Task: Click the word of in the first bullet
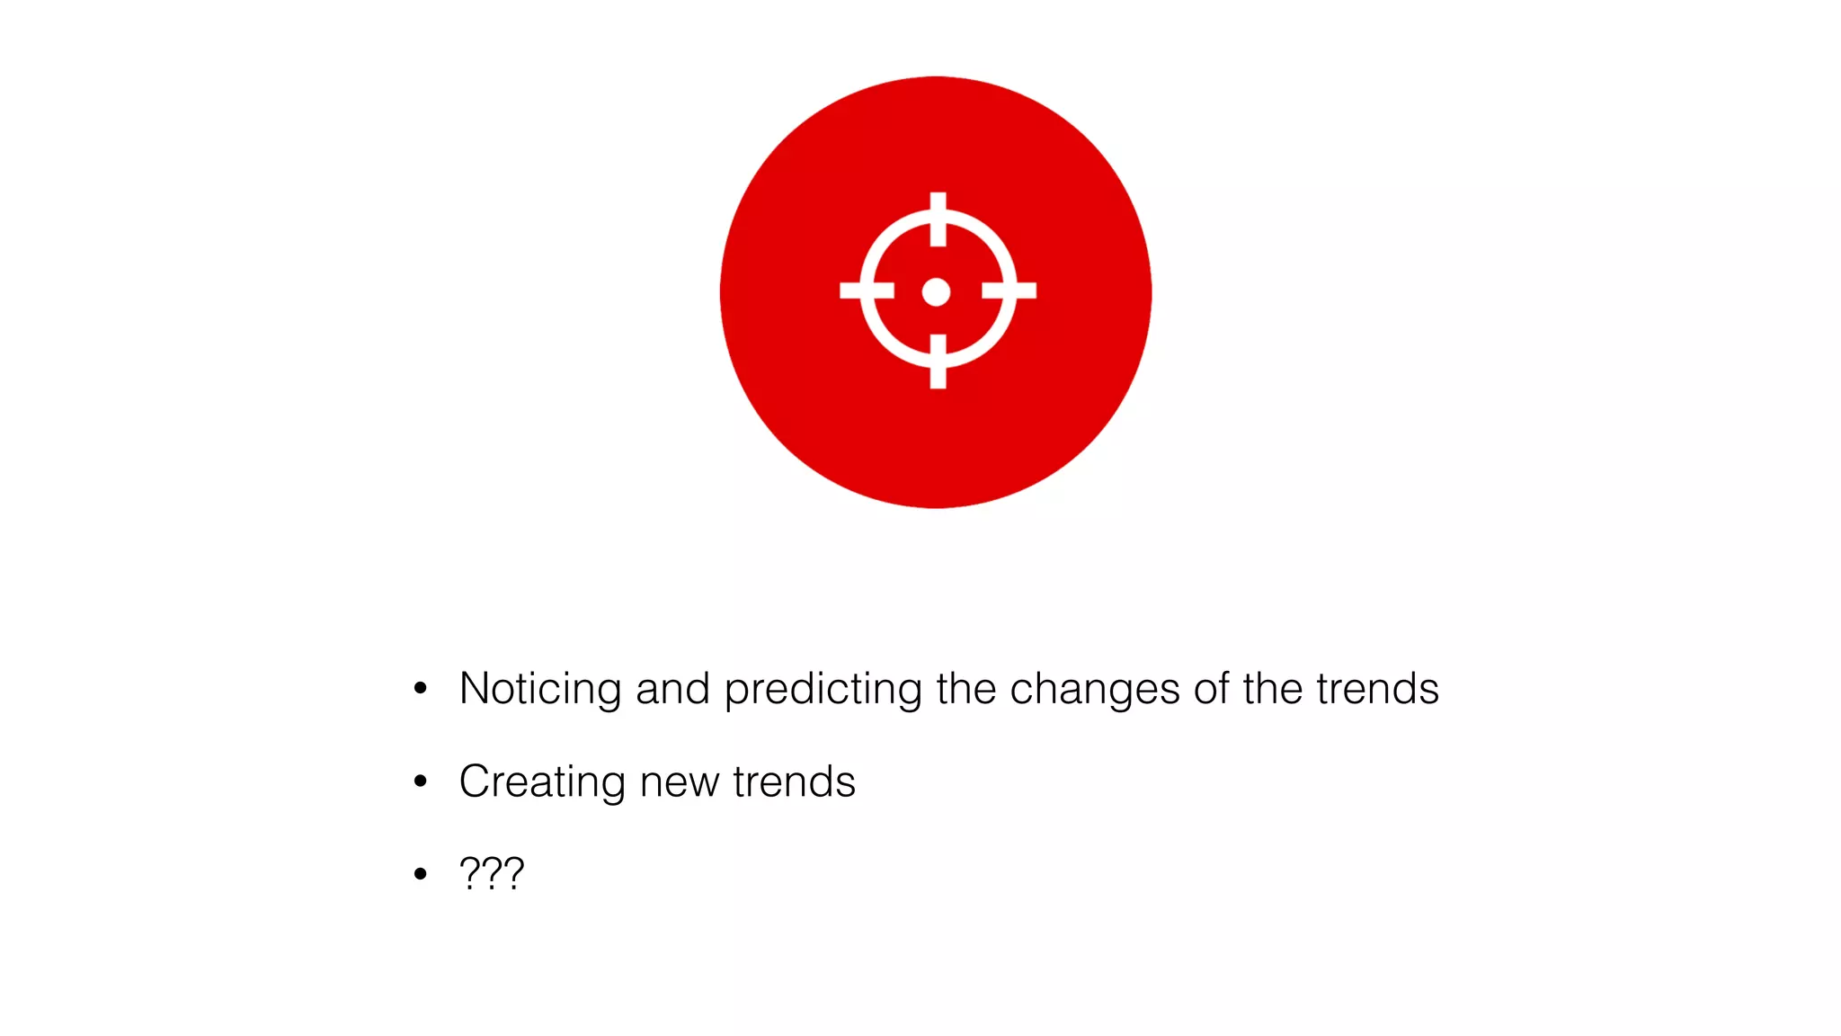point(1211,689)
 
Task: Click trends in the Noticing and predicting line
point(1377,689)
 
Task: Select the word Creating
point(541,782)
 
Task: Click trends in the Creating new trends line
point(794,781)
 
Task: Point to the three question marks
point(491,873)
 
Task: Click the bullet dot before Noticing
point(420,689)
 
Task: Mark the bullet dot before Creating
point(420,781)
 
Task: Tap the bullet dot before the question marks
point(420,873)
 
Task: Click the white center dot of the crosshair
point(936,292)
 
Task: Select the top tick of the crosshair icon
point(938,219)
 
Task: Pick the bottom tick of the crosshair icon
point(938,362)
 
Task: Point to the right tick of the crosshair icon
point(1009,290)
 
